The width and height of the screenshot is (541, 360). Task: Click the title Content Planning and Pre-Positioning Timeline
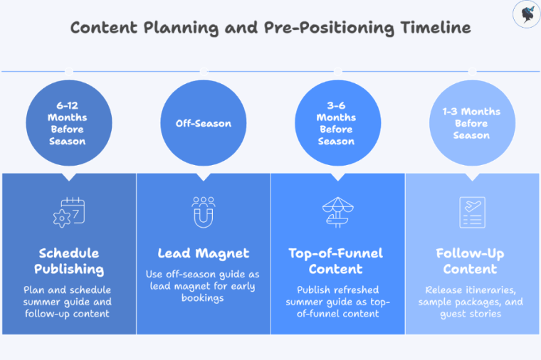(x=270, y=28)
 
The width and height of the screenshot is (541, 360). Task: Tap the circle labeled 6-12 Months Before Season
(x=68, y=123)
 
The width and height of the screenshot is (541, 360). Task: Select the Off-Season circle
(x=204, y=123)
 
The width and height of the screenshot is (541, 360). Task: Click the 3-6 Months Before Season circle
(x=337, y=123)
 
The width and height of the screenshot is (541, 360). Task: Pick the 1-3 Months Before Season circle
(x=471, y=123)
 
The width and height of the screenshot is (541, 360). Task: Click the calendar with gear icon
(x=69, y=212)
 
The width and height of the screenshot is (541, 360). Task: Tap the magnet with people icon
(x=204, y=211)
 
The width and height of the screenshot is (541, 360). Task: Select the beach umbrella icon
(x=337, y=211)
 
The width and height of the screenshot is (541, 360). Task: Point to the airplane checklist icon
(x=471, y=211)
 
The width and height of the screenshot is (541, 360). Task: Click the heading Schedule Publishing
(x=69, y=261)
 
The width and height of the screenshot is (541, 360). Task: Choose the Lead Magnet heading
(x=204, y=253)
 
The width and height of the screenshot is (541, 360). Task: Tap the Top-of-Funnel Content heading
(x=337, y=261)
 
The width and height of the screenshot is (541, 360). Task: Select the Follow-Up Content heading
(x=471, y=261)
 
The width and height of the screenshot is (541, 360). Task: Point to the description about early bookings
(x=204, y=286)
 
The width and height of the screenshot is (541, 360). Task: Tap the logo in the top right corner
(x=525, y=14)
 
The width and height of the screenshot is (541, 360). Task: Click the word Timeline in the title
(x=436, y=28)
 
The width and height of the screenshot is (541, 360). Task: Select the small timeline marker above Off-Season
(x=204, y=71)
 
